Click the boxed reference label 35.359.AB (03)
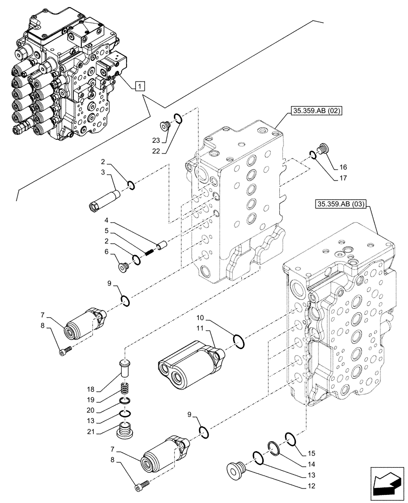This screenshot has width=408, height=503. click(x=342, y=204)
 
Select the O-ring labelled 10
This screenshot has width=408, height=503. click(x=240, y=343)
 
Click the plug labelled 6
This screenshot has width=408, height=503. click(x=123, y=268)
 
